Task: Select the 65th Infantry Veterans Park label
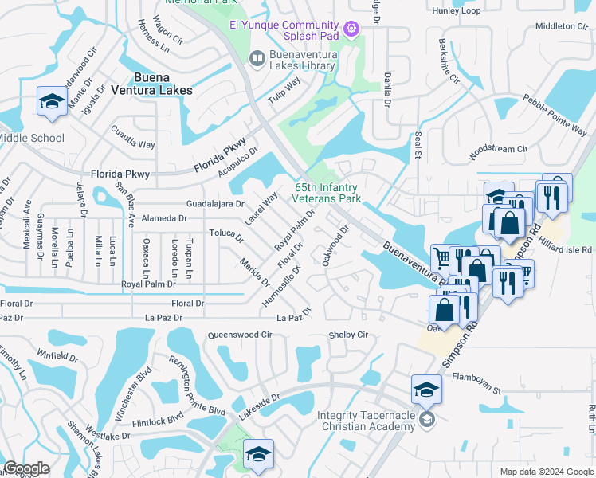pos(327,192)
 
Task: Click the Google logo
pos(26,468)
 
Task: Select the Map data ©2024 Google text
pos(546,472)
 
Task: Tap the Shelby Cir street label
pos(348,335)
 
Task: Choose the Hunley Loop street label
pos(457,10)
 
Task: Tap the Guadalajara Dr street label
pos(214,204)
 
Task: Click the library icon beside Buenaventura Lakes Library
pos(257,57)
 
